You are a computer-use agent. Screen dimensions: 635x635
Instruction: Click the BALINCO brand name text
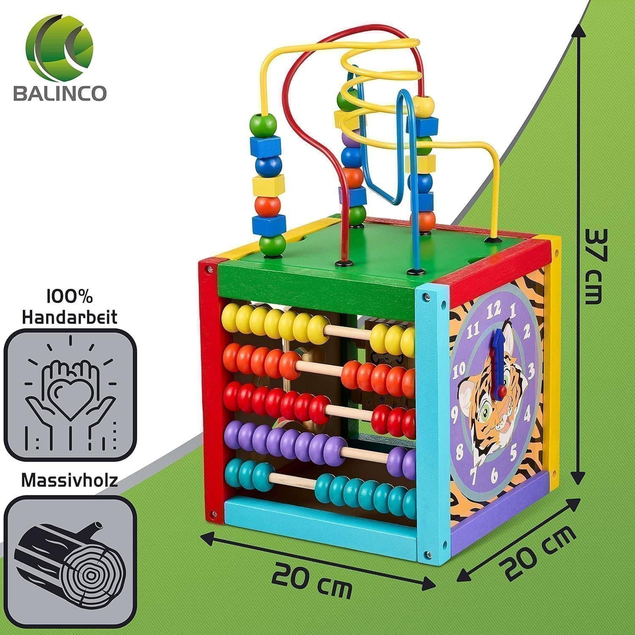pos(60,93)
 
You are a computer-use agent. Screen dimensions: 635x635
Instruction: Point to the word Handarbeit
pos(70,317)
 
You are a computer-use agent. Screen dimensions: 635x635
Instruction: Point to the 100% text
pos(70,297)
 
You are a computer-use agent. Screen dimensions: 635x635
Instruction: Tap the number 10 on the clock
pos(459,373)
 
